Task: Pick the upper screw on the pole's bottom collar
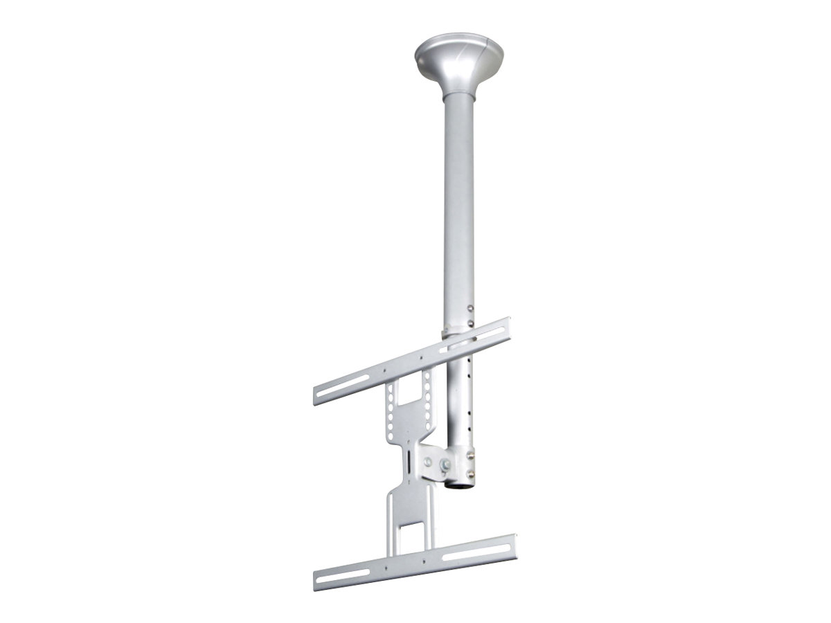coord(472,455)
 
